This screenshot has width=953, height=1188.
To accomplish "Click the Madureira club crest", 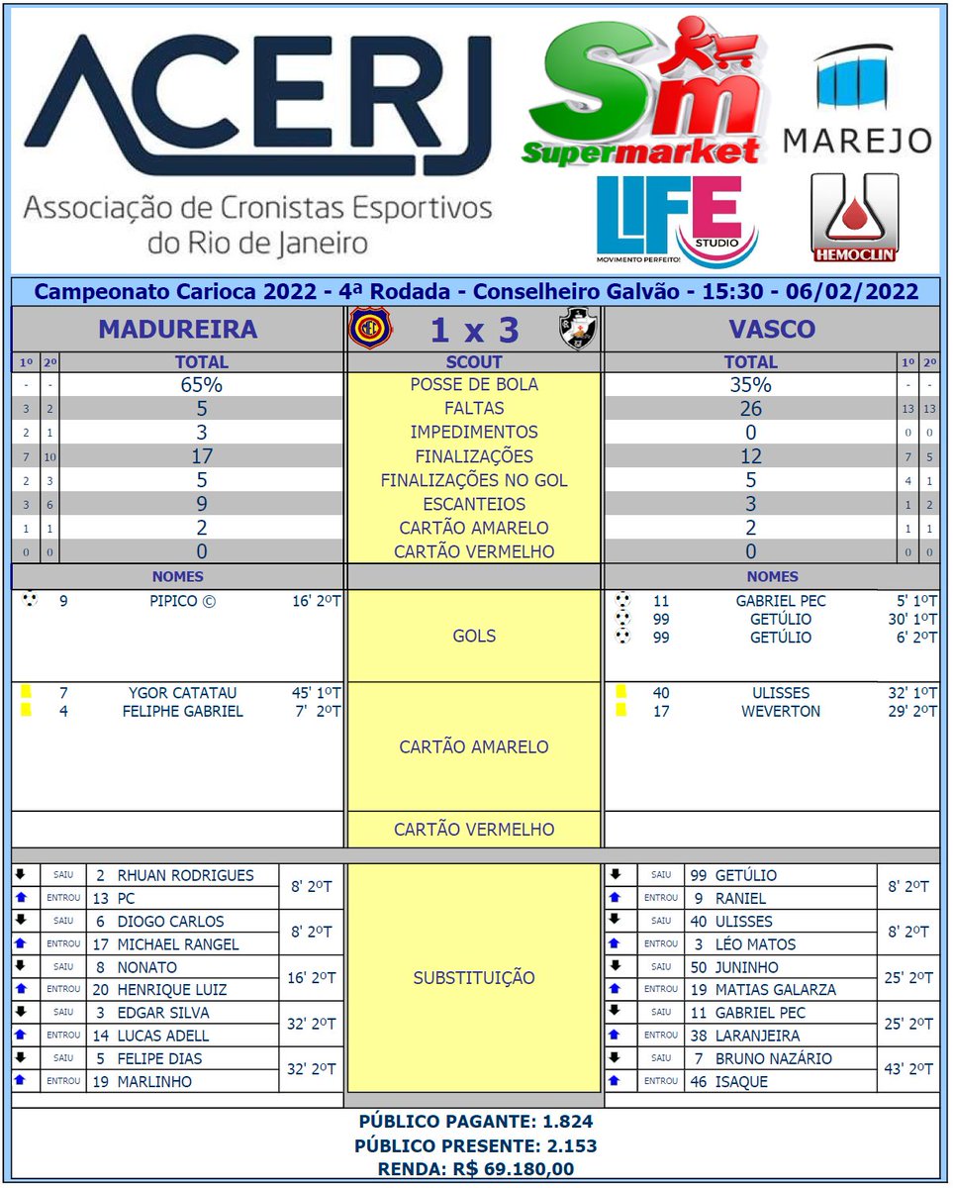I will tap(369, 329).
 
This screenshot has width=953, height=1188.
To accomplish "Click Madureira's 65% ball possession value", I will tap(201, 385).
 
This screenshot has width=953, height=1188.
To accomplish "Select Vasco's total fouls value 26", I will tap(750, 409).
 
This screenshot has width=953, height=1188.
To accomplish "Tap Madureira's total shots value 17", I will tap(201, 456).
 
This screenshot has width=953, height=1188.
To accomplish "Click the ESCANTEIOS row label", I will tap(473, 504).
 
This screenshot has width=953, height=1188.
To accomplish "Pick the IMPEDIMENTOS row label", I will tap(473, 433).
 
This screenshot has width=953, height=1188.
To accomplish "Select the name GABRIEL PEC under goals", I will tap(780, 601).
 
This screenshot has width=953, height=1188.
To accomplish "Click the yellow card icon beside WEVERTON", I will tap(621, 710).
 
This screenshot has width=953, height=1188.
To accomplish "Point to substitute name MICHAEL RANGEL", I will tap(178, 944).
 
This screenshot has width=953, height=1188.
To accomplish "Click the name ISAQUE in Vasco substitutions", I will tap(741, 1082).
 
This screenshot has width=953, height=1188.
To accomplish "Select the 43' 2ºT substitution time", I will tap(907, 1069).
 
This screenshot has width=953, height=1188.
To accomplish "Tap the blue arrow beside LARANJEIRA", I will tap(615, 1035).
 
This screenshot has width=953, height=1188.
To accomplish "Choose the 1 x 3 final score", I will tap(473, 329).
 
